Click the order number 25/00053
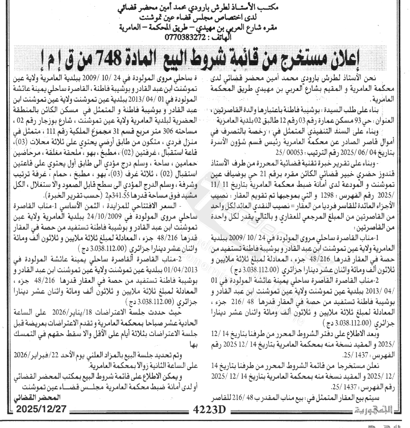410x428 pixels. click(285, 152)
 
